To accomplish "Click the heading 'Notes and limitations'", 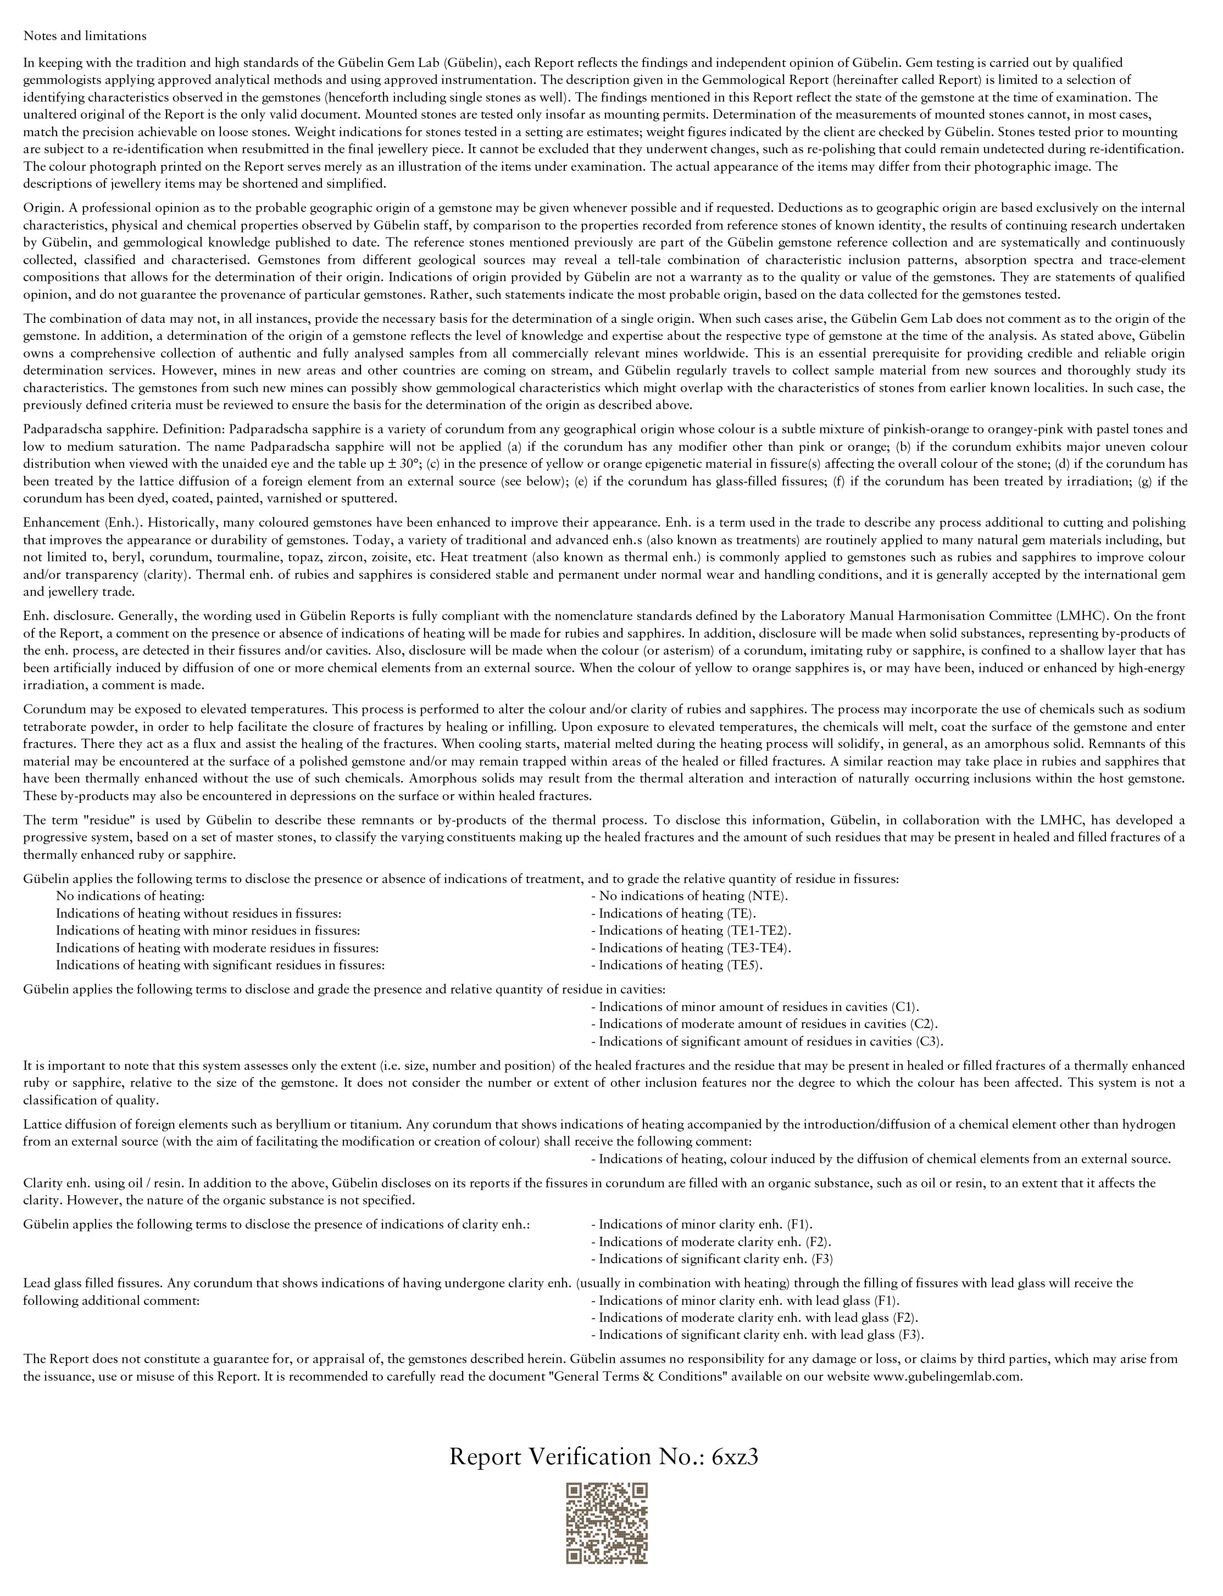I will pos(85,36).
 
